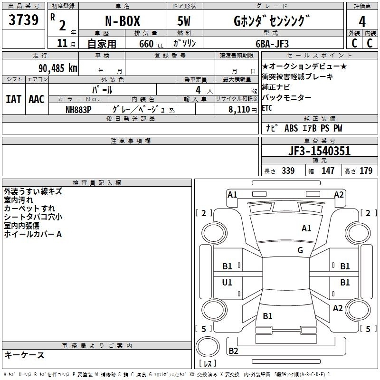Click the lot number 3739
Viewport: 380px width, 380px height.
[x=23, y=20]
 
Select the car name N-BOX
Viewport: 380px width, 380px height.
[x=123, y=21]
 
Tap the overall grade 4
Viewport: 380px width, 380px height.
[x=362, y=22]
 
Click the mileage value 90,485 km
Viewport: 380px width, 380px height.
[x=58, y=68]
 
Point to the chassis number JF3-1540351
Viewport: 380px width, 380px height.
[x=319, y=151]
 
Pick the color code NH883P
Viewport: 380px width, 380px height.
[x=78, y=110]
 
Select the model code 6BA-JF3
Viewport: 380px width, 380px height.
[x=272, y=44]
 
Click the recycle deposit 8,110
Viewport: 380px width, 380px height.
[x=239, y=110]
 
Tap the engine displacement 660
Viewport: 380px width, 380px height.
[x=146, y=44]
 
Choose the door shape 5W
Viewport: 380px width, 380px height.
[x=184, y=21]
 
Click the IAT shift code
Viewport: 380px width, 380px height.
[x=14, y=99]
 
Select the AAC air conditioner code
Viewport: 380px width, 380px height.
[x=37, y=99]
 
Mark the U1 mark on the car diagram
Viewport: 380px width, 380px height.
[x=227, y=282]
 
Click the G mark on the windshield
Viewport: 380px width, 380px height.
[x=300, y=250]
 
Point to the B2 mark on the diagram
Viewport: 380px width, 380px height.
[x=233, y=351]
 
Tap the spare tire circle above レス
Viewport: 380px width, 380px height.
[x=208, y=347]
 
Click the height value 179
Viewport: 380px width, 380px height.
[x=366, y=171]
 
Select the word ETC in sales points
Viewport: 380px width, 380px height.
[x=267, y=108]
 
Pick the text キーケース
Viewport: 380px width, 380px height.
[x=25, y=355]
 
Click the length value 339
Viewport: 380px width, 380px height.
[x=288, y=171]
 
